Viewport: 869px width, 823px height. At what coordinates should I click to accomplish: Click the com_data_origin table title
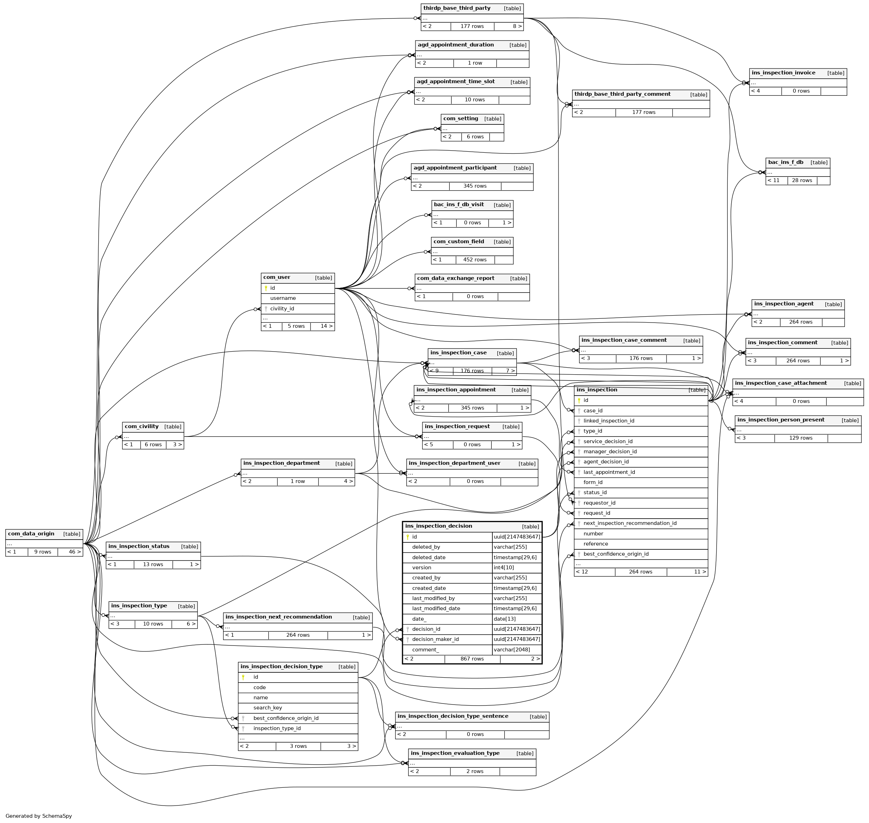pyautogui.click(x=31, y=534)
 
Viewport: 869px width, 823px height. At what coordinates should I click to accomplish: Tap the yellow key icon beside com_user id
pyautogui.click(x=266, y=288)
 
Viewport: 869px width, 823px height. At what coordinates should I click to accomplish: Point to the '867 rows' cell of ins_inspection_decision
pyautogui.click(x=472, y=659)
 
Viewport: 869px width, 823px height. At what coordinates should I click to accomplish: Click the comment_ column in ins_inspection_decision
pyautogui.click(x=425, y=650)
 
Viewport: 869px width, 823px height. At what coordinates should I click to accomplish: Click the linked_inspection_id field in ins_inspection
pyautogui.click(x=609, y=421)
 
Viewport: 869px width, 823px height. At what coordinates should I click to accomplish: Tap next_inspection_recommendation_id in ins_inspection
pyautogui.click(x=630, y=524)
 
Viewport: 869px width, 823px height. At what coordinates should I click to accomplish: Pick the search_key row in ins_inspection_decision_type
pyautogui.click(x=268, y=708)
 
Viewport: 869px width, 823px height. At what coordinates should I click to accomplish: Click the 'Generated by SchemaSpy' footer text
pyautogui.click(x=38, y=816)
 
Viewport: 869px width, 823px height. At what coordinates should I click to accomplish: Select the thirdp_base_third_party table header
pyautogui.click(x=457, y=8)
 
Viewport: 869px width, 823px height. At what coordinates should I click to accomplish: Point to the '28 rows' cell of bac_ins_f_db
pyautogui.click(x=802, y=181)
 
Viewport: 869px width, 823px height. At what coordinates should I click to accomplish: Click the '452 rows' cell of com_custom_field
pyautogui.click(x=475, y=260)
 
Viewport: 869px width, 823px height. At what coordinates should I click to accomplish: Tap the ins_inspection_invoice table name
pyautogui.click(x=783, y=73)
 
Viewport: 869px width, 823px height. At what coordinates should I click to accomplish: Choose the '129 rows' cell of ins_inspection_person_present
pyautogui.click(x=800, y=438)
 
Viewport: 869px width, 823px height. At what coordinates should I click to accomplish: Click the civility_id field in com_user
pyautogui.click(x=282, y=309)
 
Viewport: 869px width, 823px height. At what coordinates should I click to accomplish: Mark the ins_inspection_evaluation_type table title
pyautogui.click(x=455, y=753)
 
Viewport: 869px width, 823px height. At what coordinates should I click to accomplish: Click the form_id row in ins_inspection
pyautogui.click(x=593, y=483)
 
